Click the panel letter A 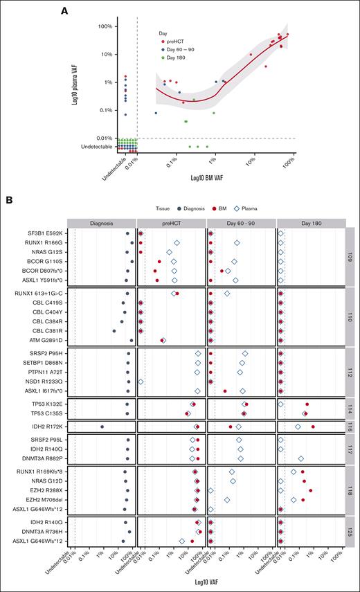click(x=65, y=10)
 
